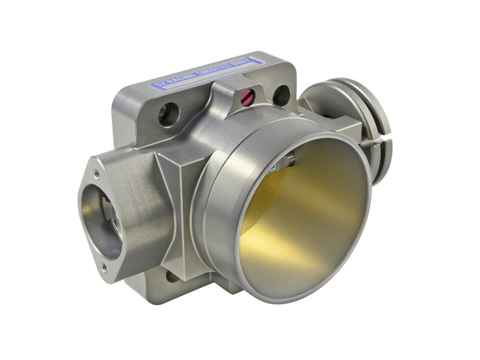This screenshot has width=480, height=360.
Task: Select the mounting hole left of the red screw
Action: (169, 113)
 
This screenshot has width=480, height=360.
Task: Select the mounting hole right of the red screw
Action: (281, 95)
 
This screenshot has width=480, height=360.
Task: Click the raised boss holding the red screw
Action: (240, 96)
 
